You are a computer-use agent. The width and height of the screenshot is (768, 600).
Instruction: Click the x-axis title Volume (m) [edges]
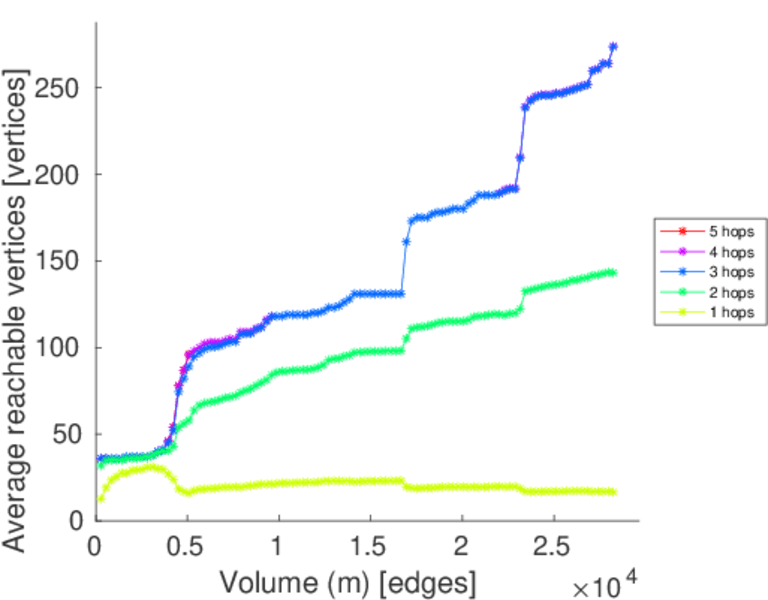[347, 580]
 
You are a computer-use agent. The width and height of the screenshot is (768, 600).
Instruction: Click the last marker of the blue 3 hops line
[613, 46]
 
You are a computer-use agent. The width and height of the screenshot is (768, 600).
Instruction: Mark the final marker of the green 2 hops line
[613, 272]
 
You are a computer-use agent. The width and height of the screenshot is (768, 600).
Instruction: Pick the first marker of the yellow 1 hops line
[101, 498]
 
